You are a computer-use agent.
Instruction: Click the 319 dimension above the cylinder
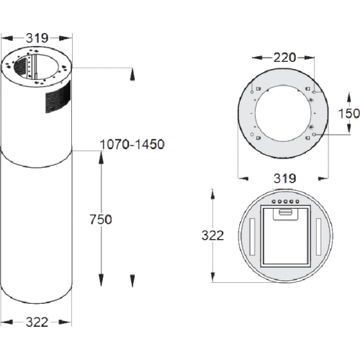pos(37,38)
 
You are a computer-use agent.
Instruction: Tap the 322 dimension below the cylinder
pos(37,322)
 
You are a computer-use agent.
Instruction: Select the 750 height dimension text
pos(101,220)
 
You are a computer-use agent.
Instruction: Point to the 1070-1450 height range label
pos(132,145)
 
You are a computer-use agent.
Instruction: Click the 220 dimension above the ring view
pos(284,58)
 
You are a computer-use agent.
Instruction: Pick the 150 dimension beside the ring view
pos(349,114)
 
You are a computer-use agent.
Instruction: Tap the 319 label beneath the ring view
pos(285,179)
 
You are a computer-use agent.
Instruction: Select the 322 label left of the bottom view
pos(213,235)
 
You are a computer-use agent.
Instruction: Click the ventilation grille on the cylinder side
pos(58,97)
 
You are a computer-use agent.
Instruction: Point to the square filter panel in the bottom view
pos(285,236)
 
